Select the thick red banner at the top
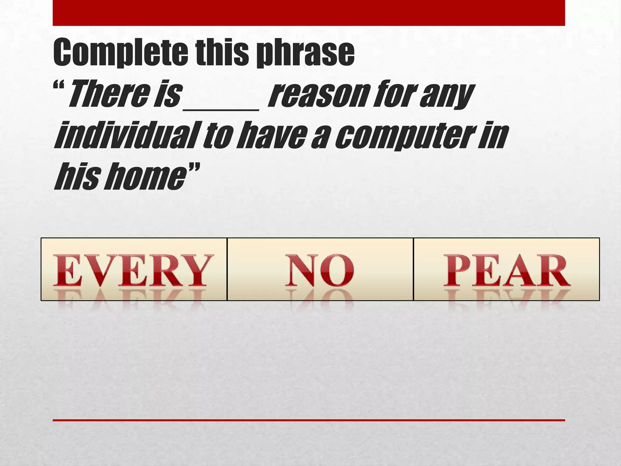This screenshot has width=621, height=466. point(309,13)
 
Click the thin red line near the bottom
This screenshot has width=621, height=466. point(309,420)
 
